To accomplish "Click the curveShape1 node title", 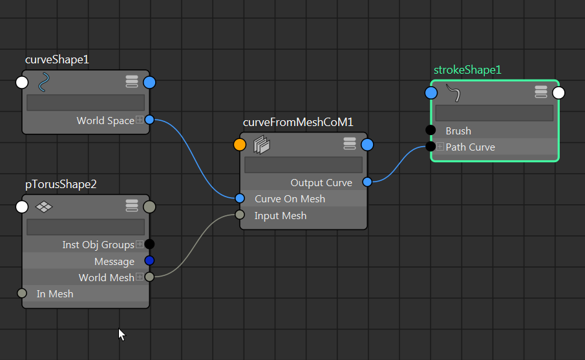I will point(57,59).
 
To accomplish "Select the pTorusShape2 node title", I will point(61,184).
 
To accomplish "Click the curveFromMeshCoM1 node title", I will point(298,122).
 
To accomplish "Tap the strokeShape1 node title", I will point(467,70).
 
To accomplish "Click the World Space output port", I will point(149,120).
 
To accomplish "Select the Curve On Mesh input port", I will point(240,198).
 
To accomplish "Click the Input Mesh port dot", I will point(240,215).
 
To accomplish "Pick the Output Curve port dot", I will point(367,182).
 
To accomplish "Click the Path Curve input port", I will point(431,147).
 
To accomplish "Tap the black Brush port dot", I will point(431,131).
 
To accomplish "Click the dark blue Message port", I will point(149,261).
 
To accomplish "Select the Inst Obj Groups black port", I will point(149,244).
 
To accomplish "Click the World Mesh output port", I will point(149,277).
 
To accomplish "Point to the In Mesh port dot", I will point(22,293).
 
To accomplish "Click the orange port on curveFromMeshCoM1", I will point(240,145).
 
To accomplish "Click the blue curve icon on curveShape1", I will point(44,83).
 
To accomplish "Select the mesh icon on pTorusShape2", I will point(43,207).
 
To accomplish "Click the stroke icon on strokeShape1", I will point(454,93).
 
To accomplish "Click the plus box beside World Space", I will point(140,120).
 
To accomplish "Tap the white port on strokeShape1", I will point(558,93).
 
